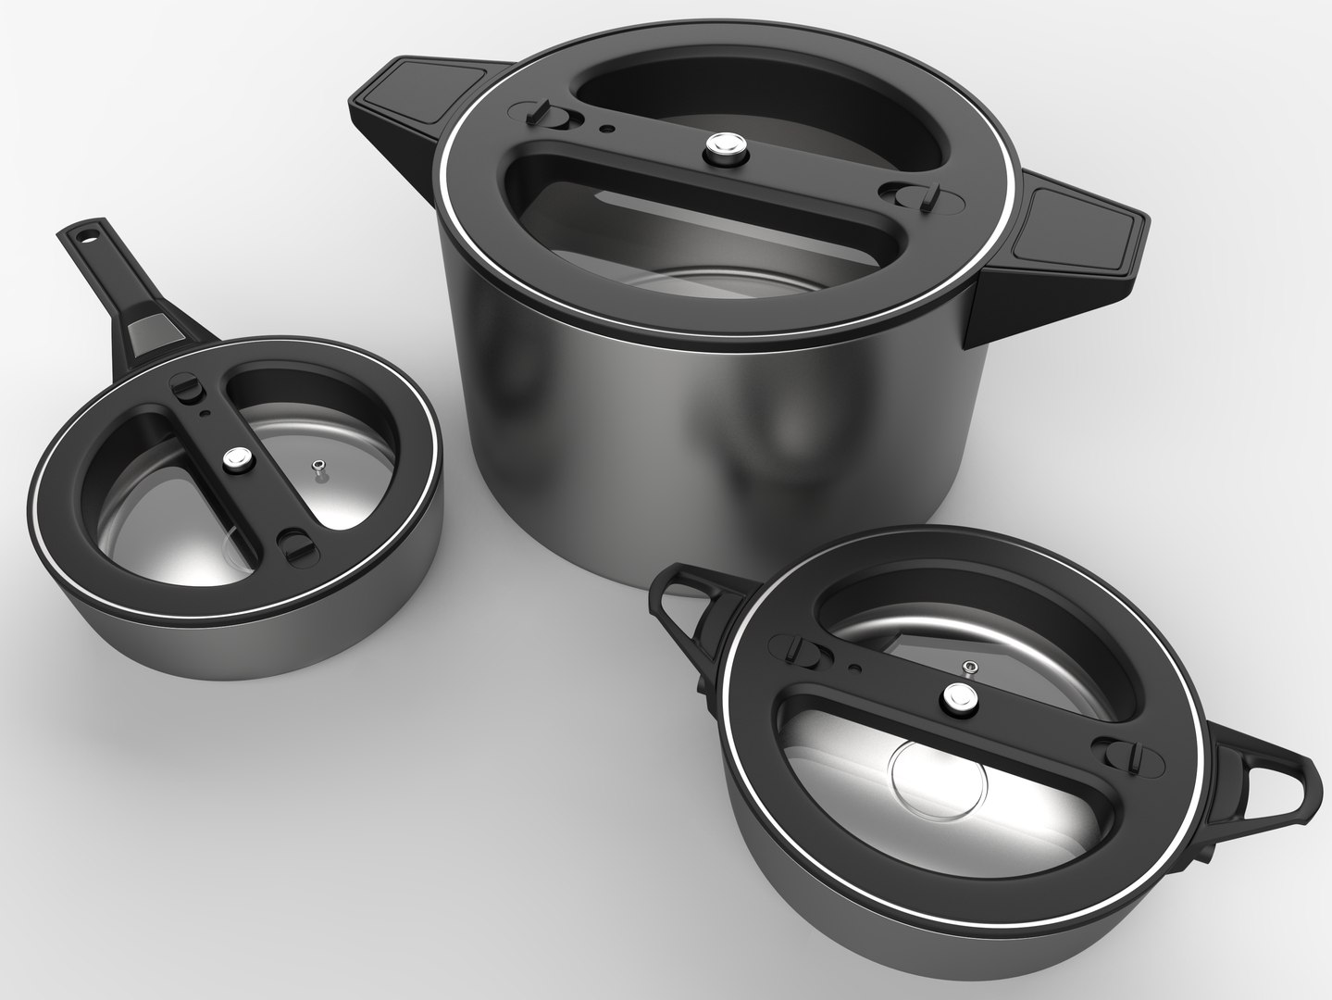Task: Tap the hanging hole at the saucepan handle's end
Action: pyautogui.click(x=87, y=239)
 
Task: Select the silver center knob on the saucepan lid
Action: pyautogui.click(x=238, y=457)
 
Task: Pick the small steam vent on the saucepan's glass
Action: pyautogui.click(x=318, y=467)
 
